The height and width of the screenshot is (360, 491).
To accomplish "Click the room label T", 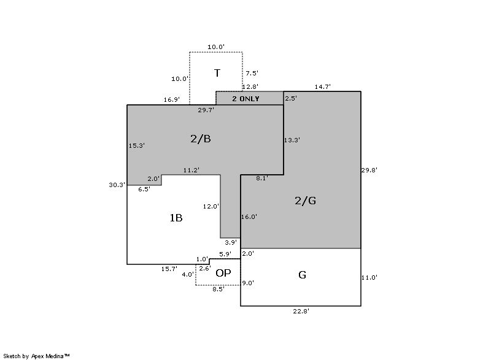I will (217, 74).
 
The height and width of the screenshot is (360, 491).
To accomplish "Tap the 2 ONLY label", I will (245, 99).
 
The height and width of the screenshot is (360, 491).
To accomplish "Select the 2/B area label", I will (201, 139).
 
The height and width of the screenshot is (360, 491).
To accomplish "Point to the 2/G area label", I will (305, 201).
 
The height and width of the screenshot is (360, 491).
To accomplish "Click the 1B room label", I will (176, 218).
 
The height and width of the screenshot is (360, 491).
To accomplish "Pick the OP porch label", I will (223, 273).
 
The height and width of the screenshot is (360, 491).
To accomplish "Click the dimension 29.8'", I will (369, 169).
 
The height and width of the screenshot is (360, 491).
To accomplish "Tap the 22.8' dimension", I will (300, 312).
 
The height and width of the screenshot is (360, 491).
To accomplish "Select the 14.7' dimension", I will (322, 87).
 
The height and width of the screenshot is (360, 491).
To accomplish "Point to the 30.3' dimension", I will (117, 185).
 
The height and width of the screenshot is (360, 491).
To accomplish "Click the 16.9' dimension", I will (172, 99).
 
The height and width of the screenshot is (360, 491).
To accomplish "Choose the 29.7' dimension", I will (206, 110).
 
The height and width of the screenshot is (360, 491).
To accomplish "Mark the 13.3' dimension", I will (292, 140).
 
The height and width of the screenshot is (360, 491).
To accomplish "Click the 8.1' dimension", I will (262, 178).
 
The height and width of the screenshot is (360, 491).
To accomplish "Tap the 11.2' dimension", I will (191, 170).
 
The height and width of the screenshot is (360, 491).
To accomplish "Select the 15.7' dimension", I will (169, 269).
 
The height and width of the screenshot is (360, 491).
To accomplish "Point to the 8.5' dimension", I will (218, 289).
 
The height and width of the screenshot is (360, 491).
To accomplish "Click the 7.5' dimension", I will (252, 74).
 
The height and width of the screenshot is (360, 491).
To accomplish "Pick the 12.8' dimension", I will (250, 87).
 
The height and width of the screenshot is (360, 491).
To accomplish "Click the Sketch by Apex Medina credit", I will (37, 355).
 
